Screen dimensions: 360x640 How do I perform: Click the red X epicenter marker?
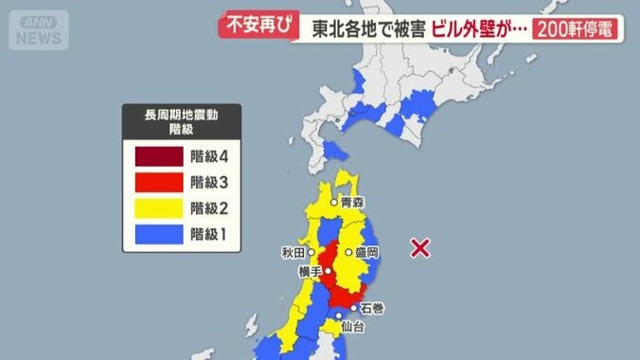(420, 248)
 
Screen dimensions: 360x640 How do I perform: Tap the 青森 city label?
(353, 202)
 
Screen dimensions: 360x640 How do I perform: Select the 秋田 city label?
(292, 253)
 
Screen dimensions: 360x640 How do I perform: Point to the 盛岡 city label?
(366, 253)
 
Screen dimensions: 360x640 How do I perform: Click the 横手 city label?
(310, 272)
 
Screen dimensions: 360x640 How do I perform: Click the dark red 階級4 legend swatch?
(157, 155)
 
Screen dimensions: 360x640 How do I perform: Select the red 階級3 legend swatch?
(157, 182)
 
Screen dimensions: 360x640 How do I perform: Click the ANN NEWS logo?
(39, 29)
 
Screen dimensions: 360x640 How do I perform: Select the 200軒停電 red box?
(576, 28)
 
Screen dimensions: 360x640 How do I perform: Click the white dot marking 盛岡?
(348, 253)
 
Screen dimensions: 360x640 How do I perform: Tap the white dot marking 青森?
(334, 202)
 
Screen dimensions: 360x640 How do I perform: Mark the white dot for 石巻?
(353, 306)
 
